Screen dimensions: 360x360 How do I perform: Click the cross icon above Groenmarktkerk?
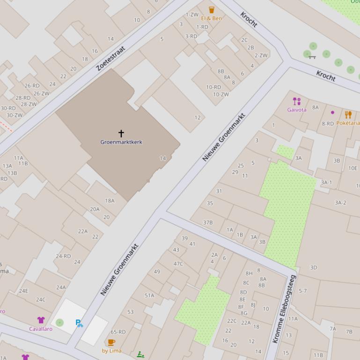tap(121, 134)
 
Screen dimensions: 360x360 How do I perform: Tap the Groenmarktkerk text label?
tap(121, 142)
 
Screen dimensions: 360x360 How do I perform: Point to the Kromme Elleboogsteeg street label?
tap(285, 309)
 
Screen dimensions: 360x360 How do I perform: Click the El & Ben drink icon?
tap(212, 10)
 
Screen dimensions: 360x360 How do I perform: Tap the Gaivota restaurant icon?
tap(296, 101)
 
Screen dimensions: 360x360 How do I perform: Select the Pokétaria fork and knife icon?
tap(348, 115)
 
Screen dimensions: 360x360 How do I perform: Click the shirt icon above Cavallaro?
tap(41, 320)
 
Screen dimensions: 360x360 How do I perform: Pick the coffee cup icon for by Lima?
tap(111, 343)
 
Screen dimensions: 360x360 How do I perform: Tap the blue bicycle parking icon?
tap(79, 323)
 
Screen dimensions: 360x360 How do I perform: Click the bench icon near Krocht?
tap(312, 57)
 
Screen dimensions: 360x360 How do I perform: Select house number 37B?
tap(208, 223)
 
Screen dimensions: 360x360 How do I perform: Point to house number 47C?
tap(178, 264)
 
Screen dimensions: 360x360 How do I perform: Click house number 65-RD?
tap(118, 332)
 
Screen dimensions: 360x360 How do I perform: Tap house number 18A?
tap(110, 201)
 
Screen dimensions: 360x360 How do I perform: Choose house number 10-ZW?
tap(221, 94)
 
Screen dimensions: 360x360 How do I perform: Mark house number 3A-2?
tap(340, 202)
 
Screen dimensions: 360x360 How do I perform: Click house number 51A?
tap(149, 295)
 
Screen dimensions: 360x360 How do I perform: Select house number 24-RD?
tap(63, 256)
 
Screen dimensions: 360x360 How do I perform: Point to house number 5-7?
tap(303, 291)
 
